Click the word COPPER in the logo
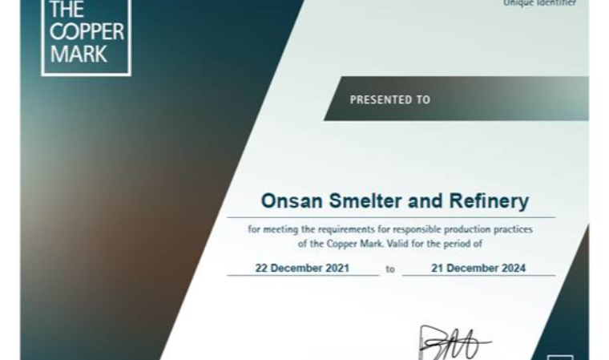87,32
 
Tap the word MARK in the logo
79,54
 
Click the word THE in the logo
67,10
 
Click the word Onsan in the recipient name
292,201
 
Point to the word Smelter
365,201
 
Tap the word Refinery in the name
489,201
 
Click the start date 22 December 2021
302,268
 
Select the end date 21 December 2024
478,268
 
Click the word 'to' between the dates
390,269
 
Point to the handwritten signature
455,343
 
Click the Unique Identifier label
539,3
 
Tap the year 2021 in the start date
337,268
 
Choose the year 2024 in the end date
514,268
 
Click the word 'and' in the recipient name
425,201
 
